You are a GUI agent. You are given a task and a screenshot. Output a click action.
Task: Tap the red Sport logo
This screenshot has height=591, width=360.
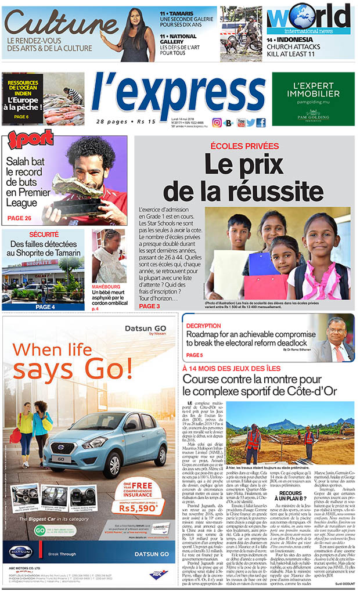(30, 141)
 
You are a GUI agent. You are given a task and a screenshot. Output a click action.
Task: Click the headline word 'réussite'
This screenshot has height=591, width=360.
(242, 191)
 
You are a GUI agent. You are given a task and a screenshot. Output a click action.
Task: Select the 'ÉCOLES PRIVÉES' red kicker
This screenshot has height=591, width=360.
(243, 146)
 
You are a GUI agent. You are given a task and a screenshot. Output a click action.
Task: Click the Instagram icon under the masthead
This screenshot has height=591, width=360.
(217, 122)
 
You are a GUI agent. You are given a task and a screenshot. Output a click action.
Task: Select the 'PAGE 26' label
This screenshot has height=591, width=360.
(20, 218)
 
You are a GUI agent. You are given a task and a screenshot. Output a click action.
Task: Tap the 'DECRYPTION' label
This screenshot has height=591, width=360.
(204, 325)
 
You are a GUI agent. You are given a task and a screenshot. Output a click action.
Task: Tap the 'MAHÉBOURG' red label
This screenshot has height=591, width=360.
(109, 285)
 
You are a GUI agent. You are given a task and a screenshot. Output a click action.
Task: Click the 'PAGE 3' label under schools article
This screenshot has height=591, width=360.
(149, 306)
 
